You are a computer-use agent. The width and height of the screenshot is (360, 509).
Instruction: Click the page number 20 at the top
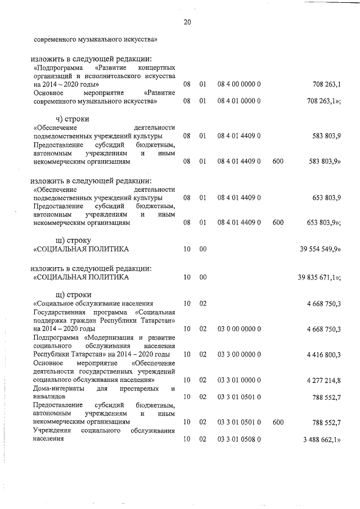187,22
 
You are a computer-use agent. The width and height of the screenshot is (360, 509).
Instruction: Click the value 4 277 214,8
323,381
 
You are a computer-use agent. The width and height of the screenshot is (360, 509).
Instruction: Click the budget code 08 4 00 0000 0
238,84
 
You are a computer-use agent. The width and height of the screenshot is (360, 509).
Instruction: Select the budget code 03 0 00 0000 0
238,328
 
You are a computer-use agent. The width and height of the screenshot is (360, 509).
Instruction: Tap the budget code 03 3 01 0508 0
238,440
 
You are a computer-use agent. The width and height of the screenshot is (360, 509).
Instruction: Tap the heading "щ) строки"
70,294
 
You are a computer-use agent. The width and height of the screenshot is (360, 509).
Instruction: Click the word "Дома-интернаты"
59,389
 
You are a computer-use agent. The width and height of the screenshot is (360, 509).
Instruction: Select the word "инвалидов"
49,397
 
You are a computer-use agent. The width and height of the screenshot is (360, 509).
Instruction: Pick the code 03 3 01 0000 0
238,381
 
